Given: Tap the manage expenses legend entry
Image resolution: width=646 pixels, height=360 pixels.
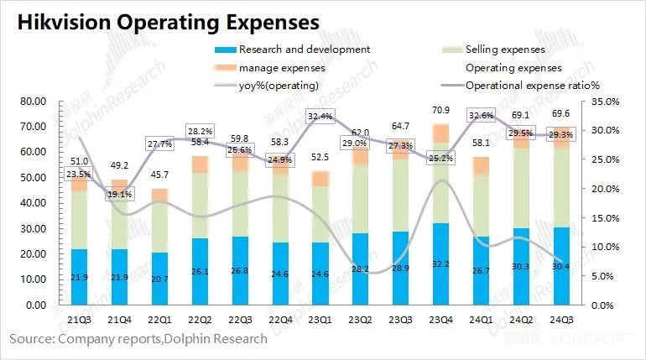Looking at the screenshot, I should tap(282, 67).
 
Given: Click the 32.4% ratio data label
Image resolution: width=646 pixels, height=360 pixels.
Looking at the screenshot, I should tap(320, 117).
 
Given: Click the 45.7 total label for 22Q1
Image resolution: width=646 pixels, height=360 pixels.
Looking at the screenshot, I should tap(159, 174).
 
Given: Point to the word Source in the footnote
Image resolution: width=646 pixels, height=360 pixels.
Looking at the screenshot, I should tap(29, 339).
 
